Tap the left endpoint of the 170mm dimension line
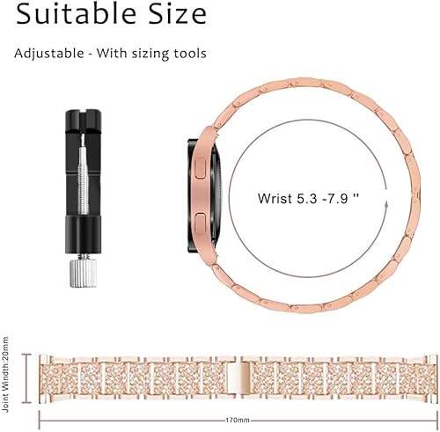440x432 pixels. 40,421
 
